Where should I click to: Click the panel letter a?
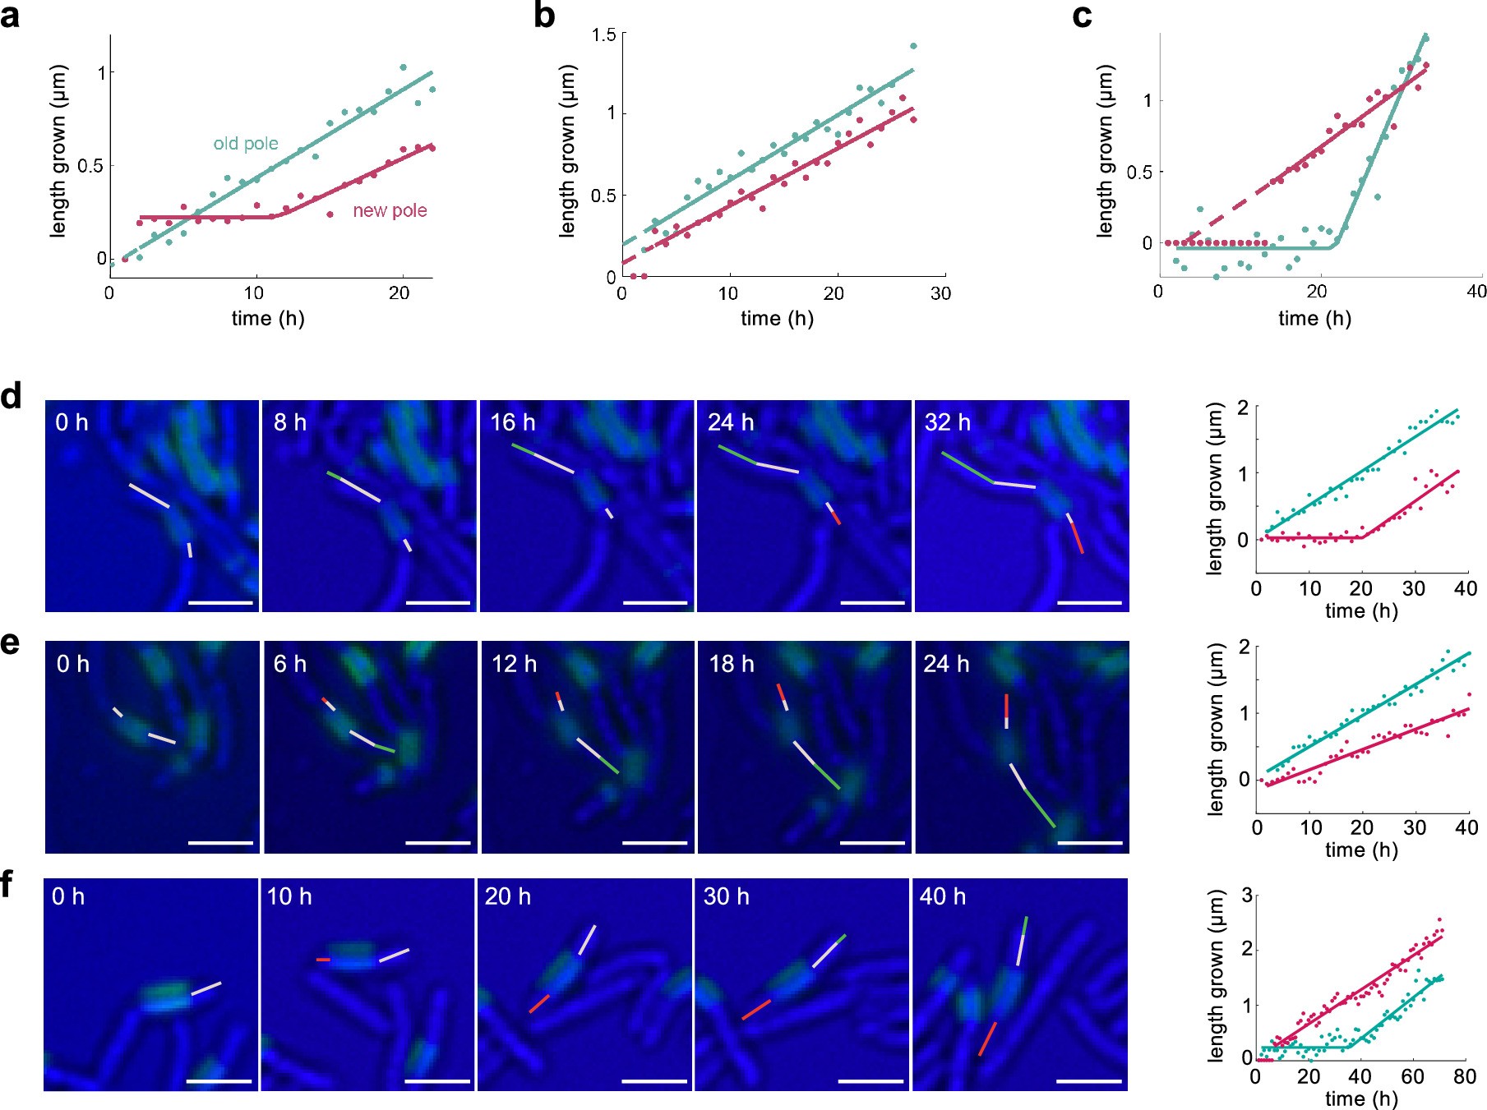(11, 16)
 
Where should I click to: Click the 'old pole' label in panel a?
(246, 144)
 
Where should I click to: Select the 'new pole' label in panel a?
(390, 210)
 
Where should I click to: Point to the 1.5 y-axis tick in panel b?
(603, 35)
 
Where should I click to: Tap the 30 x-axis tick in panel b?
(940, 293)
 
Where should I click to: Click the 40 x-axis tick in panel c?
(1476, 291)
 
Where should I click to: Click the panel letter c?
(1082, 16)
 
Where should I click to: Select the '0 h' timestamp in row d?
(72, 422)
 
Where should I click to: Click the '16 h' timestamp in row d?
(513, 422)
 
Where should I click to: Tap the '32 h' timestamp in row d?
(947, 422)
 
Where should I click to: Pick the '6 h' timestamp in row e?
(289, 664)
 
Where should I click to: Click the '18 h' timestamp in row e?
(732, 664)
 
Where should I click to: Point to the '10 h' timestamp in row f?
(289, 896)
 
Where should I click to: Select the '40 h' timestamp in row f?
(943, 896)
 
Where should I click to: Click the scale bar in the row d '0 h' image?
(220, 602)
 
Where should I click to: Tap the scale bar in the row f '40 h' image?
(1088, 1081)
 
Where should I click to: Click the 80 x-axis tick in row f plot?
(1465, 1076)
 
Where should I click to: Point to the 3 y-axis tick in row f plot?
(1246, 895)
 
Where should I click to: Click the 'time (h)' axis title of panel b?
(777, 318)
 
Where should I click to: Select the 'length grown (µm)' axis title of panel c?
(1106, 152)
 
